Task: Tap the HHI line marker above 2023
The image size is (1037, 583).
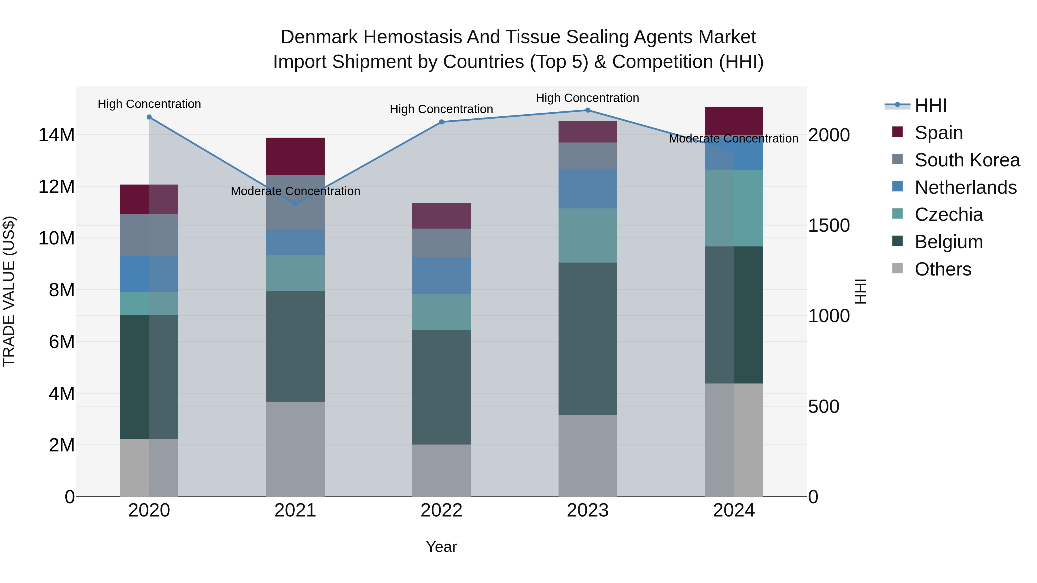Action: (587, 110)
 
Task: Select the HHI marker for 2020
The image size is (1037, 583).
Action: (149, 117)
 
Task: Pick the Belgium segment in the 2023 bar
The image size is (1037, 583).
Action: (587, 339)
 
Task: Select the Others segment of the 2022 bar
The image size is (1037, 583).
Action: (441, 470)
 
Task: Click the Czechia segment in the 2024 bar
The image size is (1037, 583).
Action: (734, 208)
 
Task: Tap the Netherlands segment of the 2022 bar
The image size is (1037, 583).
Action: (441, 276)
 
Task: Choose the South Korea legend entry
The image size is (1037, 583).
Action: (967, 160)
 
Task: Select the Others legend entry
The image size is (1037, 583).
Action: (943, 269)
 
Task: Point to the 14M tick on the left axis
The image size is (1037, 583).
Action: (56, 135)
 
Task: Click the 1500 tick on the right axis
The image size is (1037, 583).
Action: (829, 225)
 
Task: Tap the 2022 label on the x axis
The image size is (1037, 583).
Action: (441, 510)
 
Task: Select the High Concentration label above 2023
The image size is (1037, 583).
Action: (587, 98)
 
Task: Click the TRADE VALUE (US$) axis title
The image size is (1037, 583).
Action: (9, 291)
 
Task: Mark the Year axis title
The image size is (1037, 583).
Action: (441, 547)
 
